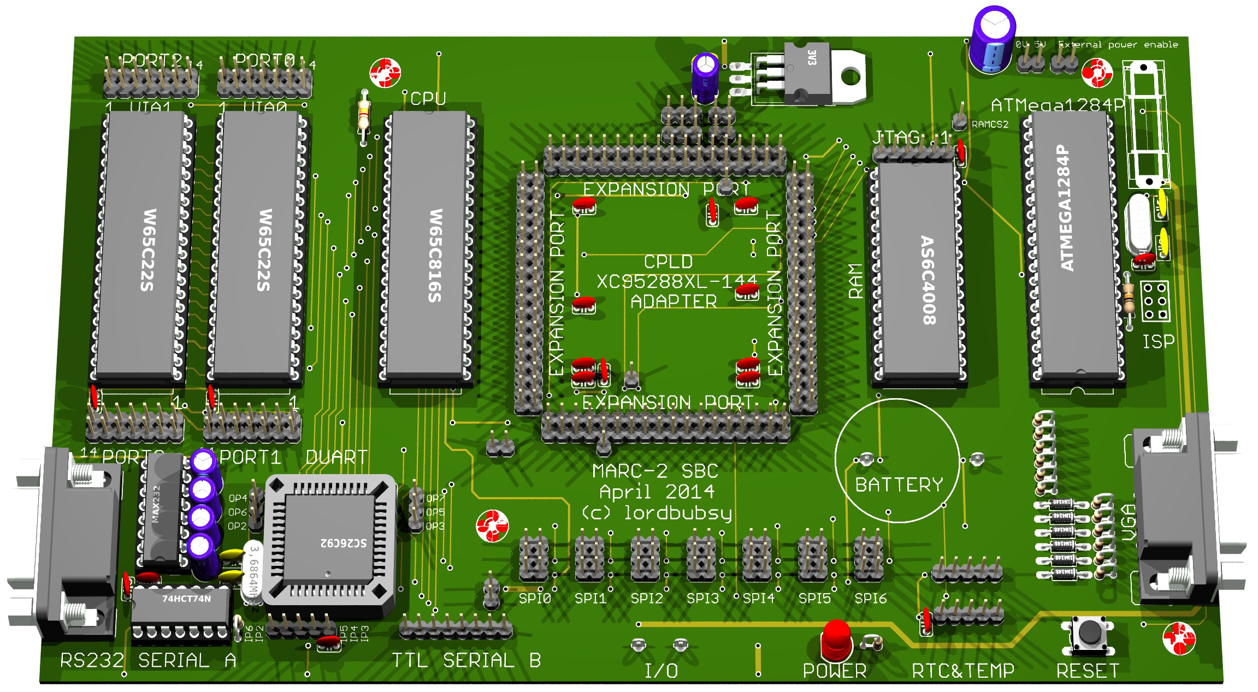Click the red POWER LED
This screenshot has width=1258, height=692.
click(x=836, y=639)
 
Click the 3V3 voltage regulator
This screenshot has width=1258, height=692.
click(x=808, y=74)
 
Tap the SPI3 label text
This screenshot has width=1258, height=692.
click(x=702, y=598)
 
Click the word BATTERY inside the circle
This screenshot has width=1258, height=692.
click(x=899, y=484)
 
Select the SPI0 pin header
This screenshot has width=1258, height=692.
click(x=534, y=558)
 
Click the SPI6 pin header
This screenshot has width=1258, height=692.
click(x=869, y=558)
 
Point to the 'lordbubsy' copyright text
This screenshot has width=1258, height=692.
click(x=677, y=513)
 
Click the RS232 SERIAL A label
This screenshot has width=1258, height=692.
click(x=147, y=660)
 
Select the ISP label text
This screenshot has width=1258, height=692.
click(x=1158, y=342)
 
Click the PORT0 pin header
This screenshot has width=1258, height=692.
click(x=264, y=82)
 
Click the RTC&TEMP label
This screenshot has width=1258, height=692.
click(x=963, y=670)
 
